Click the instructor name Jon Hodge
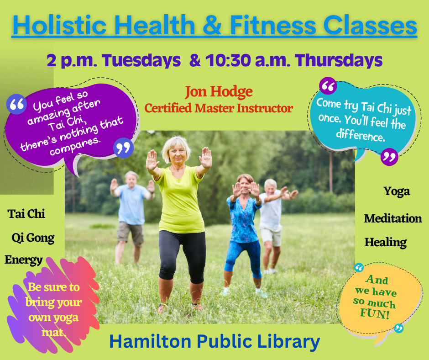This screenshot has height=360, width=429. click(x=218, y=92)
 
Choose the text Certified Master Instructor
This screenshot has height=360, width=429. click(x=218, y=108)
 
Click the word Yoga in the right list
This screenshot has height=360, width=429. click(x=396, y=191)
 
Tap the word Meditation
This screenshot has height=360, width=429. click(x=392, y=218)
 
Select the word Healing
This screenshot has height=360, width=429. click(x=385, y=242)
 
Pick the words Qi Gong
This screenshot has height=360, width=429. click(x=33, y=238)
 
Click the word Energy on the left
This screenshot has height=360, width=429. click(x=24, y=260)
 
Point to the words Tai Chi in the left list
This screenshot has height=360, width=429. click(x=26, y=214)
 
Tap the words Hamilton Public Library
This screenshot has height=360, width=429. click(x=214, y=341)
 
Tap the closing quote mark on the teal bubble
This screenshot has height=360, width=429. click(x=389, y=157)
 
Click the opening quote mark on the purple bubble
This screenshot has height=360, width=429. click(x=16, y=104)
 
